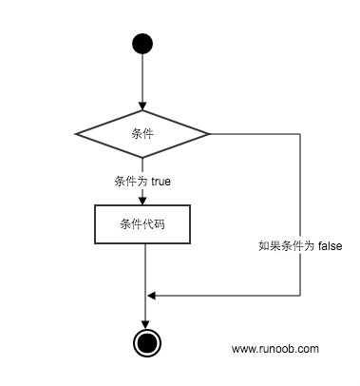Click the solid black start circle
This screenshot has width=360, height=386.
[142, 43]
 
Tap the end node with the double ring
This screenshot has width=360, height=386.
[144, 342]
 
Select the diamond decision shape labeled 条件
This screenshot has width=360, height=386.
[142, 133]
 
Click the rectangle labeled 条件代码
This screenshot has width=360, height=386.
[142, 224]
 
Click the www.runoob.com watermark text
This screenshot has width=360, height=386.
[275, 349]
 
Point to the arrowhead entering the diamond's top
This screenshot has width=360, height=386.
[142, 106]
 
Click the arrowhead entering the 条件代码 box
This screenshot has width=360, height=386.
[142, 199]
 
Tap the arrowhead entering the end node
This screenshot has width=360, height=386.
[144, 323]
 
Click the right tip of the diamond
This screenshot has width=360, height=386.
[209, 133]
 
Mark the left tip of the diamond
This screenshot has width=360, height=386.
[76, 133]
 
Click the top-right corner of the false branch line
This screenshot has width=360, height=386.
[300, 133]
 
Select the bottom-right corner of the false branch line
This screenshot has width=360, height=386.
[300, 295]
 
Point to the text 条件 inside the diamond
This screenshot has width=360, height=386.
[142, 133]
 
